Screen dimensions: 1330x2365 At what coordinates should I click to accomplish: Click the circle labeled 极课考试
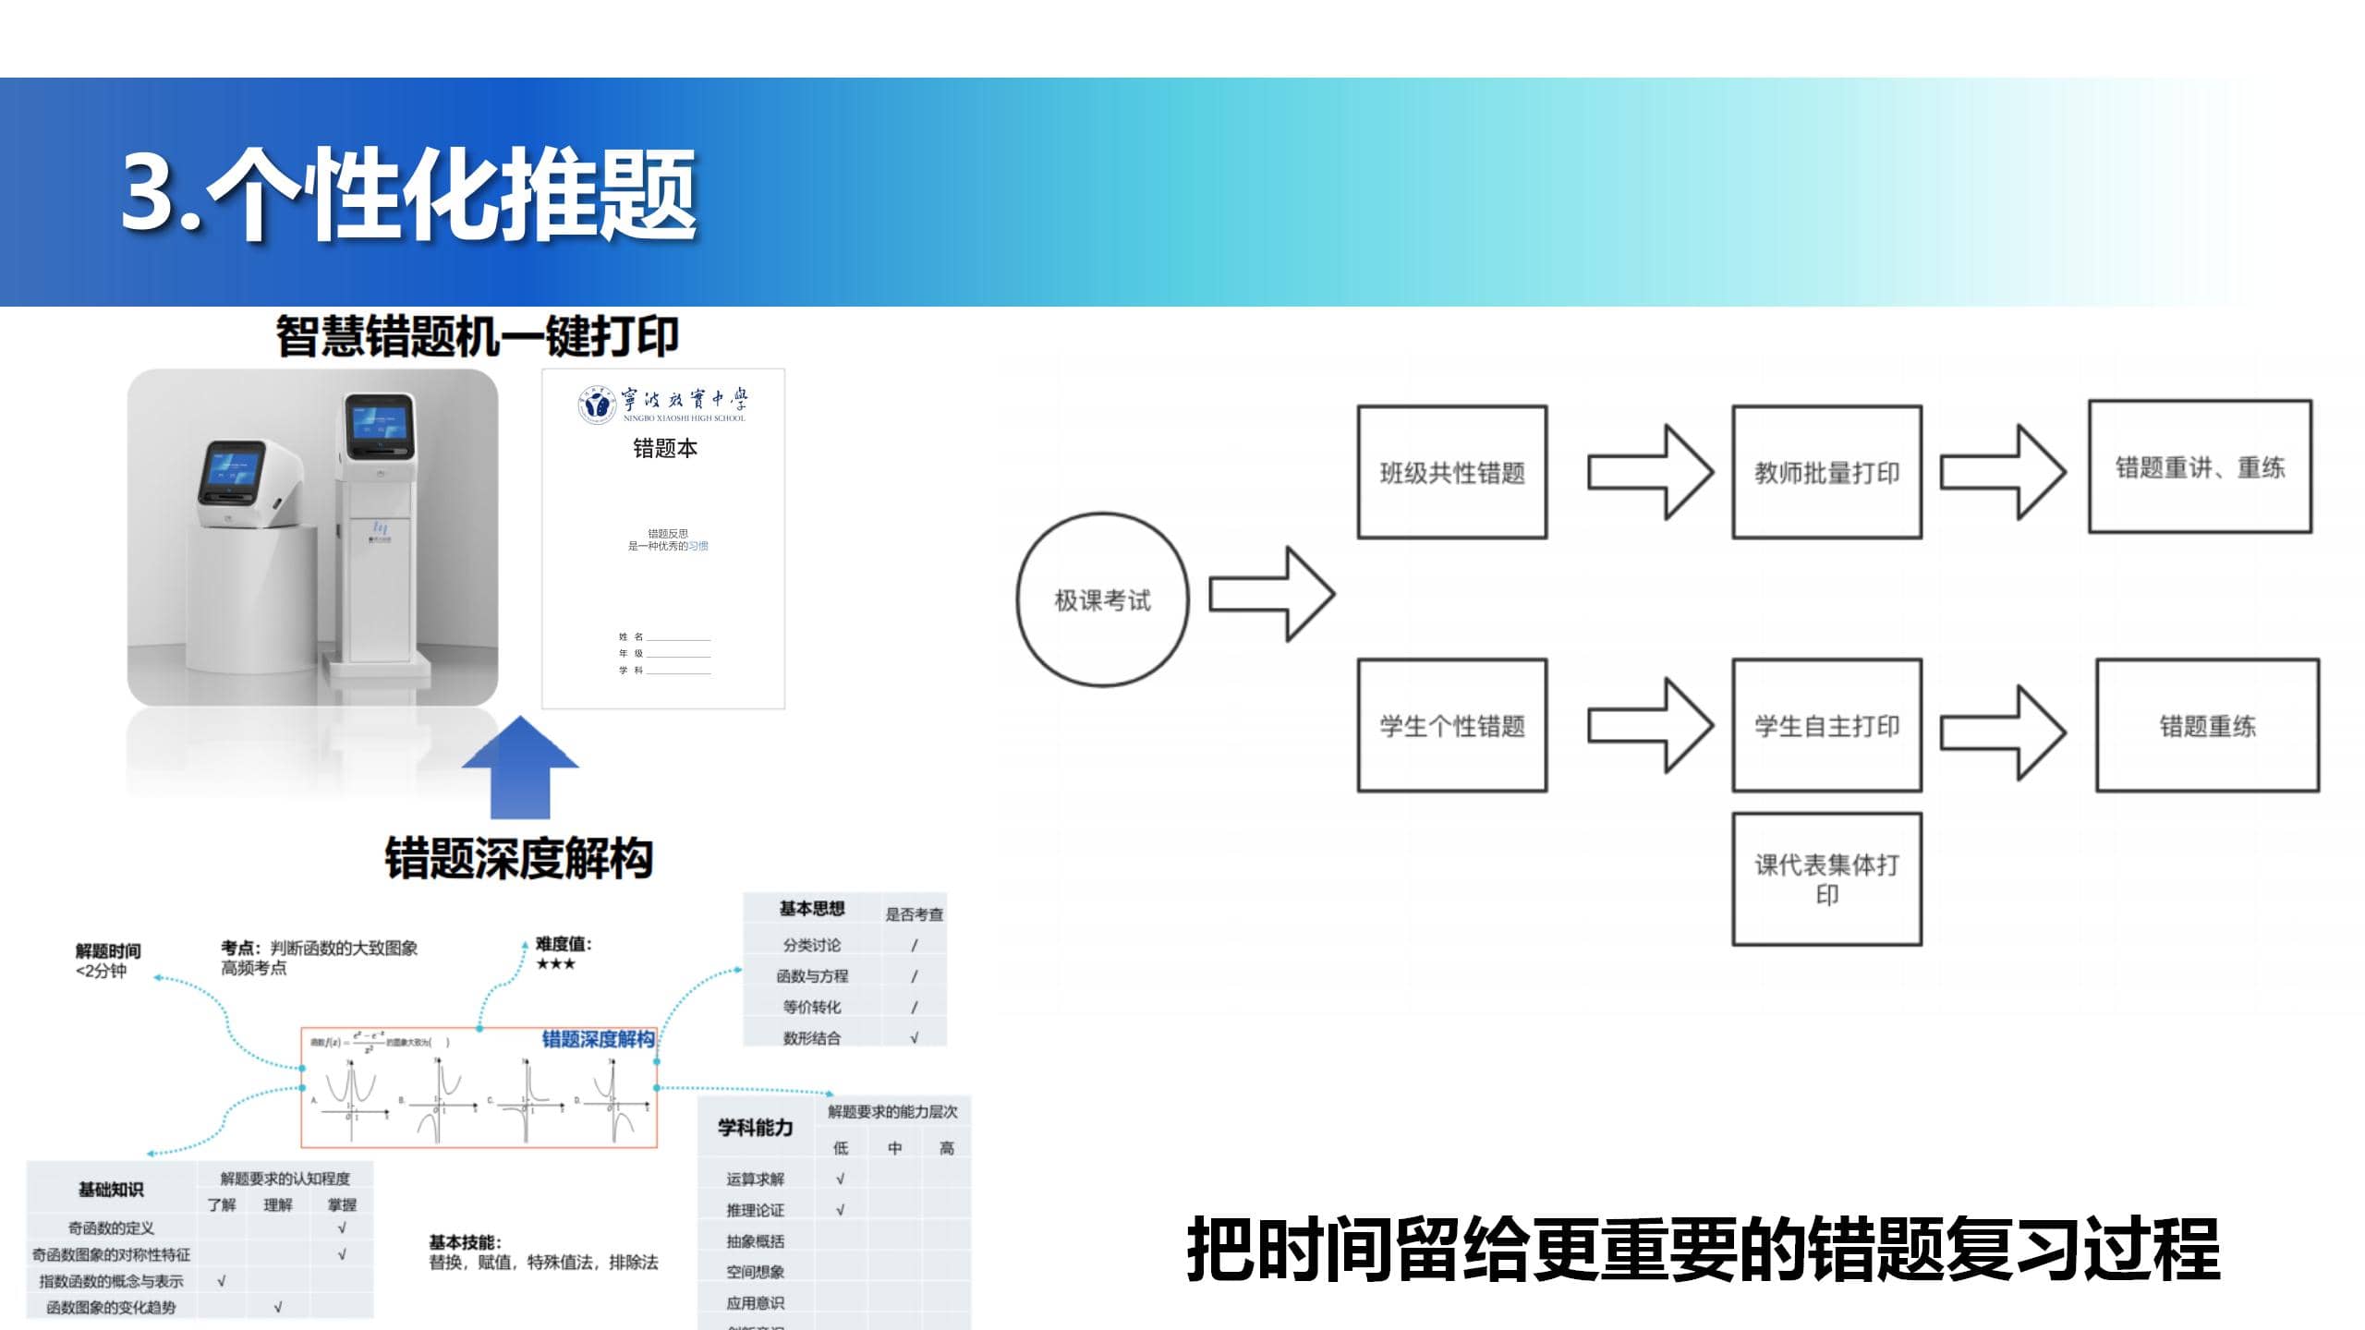pos(1102,599)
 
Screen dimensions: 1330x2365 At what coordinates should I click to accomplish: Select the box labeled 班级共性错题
pos(1451,472)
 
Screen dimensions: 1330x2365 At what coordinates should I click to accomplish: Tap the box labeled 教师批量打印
pos(1826,472)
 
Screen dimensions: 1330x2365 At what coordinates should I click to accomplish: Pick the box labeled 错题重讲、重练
pos(2200,467)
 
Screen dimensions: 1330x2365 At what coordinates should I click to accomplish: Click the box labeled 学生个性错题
pos(1451,726)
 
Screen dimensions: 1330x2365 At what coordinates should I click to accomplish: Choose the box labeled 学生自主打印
pos(1826,726)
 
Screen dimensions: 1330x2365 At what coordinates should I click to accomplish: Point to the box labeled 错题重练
pos(2207,726)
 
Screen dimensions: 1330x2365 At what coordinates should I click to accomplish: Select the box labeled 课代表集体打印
pos(1826,879)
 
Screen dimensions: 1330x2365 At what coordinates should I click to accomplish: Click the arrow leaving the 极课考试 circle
pos(1271,594)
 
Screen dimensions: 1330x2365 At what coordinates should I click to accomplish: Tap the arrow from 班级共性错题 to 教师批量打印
pos(1650,472)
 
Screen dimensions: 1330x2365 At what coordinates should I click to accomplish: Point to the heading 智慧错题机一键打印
pos(477,336)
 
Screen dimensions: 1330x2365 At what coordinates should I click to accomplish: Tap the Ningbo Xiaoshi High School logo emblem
pos(597,405)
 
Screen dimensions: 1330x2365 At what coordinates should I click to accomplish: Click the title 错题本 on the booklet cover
pos(664,449)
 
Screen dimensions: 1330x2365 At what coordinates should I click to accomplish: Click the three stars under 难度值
pos(555,964)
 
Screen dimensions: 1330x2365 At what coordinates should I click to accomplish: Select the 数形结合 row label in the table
pos(811,1038)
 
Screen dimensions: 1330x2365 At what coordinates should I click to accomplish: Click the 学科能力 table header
pos(755,1128)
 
